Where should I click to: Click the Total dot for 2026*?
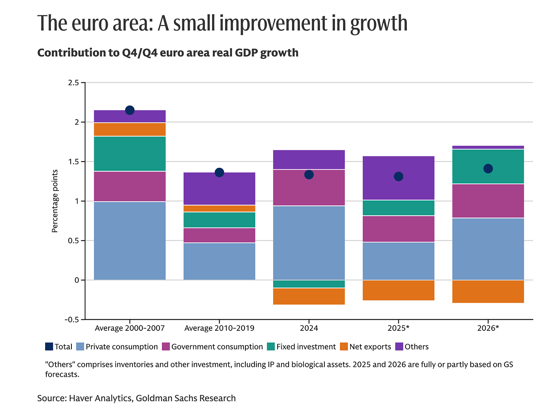pos(488,169)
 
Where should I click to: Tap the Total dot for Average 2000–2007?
pos(130,110)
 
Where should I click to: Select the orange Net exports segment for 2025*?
pos(398,290)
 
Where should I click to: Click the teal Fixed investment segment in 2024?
pos(309,284)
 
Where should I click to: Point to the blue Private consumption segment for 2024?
pos(309,243)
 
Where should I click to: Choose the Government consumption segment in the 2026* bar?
pos(488,201)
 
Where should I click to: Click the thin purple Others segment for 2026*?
pos(488,147)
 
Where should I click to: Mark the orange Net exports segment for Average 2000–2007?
pos(130,130)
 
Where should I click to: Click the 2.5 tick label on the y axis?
pos(73,83)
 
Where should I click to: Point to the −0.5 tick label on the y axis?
pos(71,320)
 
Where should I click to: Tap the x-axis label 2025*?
pos(398,328)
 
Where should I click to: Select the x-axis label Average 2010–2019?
pos(219,328)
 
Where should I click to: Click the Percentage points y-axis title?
pos(55,201)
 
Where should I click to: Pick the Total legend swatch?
pos(49,347)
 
